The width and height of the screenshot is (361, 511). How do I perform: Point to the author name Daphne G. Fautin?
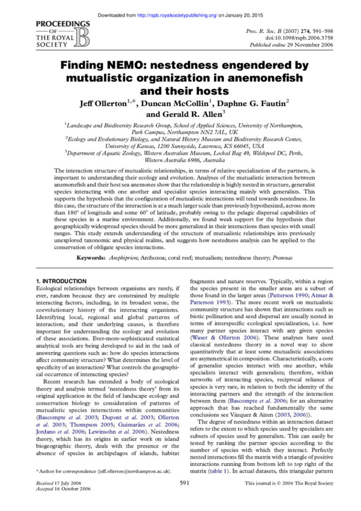tap(260, 103)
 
